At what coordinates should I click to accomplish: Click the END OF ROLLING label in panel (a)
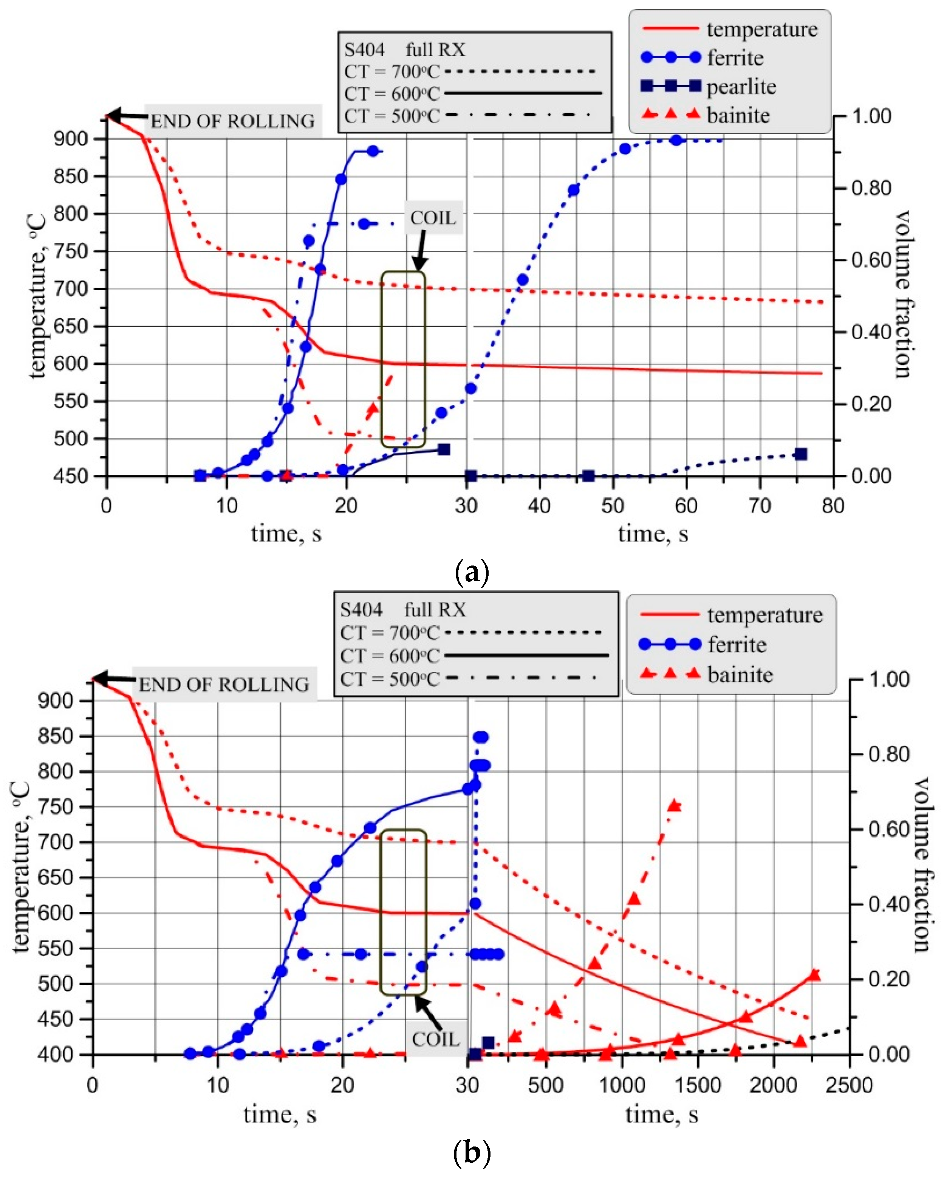232,121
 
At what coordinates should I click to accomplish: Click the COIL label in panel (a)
433,218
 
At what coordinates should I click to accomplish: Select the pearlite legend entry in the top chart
741,87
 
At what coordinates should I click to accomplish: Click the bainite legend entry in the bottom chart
740,674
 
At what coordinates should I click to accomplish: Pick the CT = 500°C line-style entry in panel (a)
391,116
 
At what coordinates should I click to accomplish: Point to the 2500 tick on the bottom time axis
849,1085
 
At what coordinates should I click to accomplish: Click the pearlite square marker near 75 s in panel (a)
800,454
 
